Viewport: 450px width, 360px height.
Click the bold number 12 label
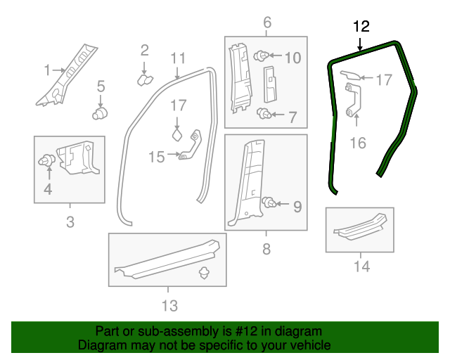click(361, 27)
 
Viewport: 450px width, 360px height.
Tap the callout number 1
click(48, 70)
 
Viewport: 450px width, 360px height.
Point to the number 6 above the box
click(266, 23)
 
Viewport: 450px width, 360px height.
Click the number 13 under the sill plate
click(169, 305)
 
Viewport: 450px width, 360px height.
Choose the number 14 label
click(361, 266)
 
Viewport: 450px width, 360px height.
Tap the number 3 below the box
click(70, 224)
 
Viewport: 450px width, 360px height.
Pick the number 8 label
click(266, 247)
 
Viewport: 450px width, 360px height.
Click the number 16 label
click(358, 143)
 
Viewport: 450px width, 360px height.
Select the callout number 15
click(155, 156)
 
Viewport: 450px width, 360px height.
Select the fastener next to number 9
click(269, 204)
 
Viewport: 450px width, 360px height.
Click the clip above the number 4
click(48, 161)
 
